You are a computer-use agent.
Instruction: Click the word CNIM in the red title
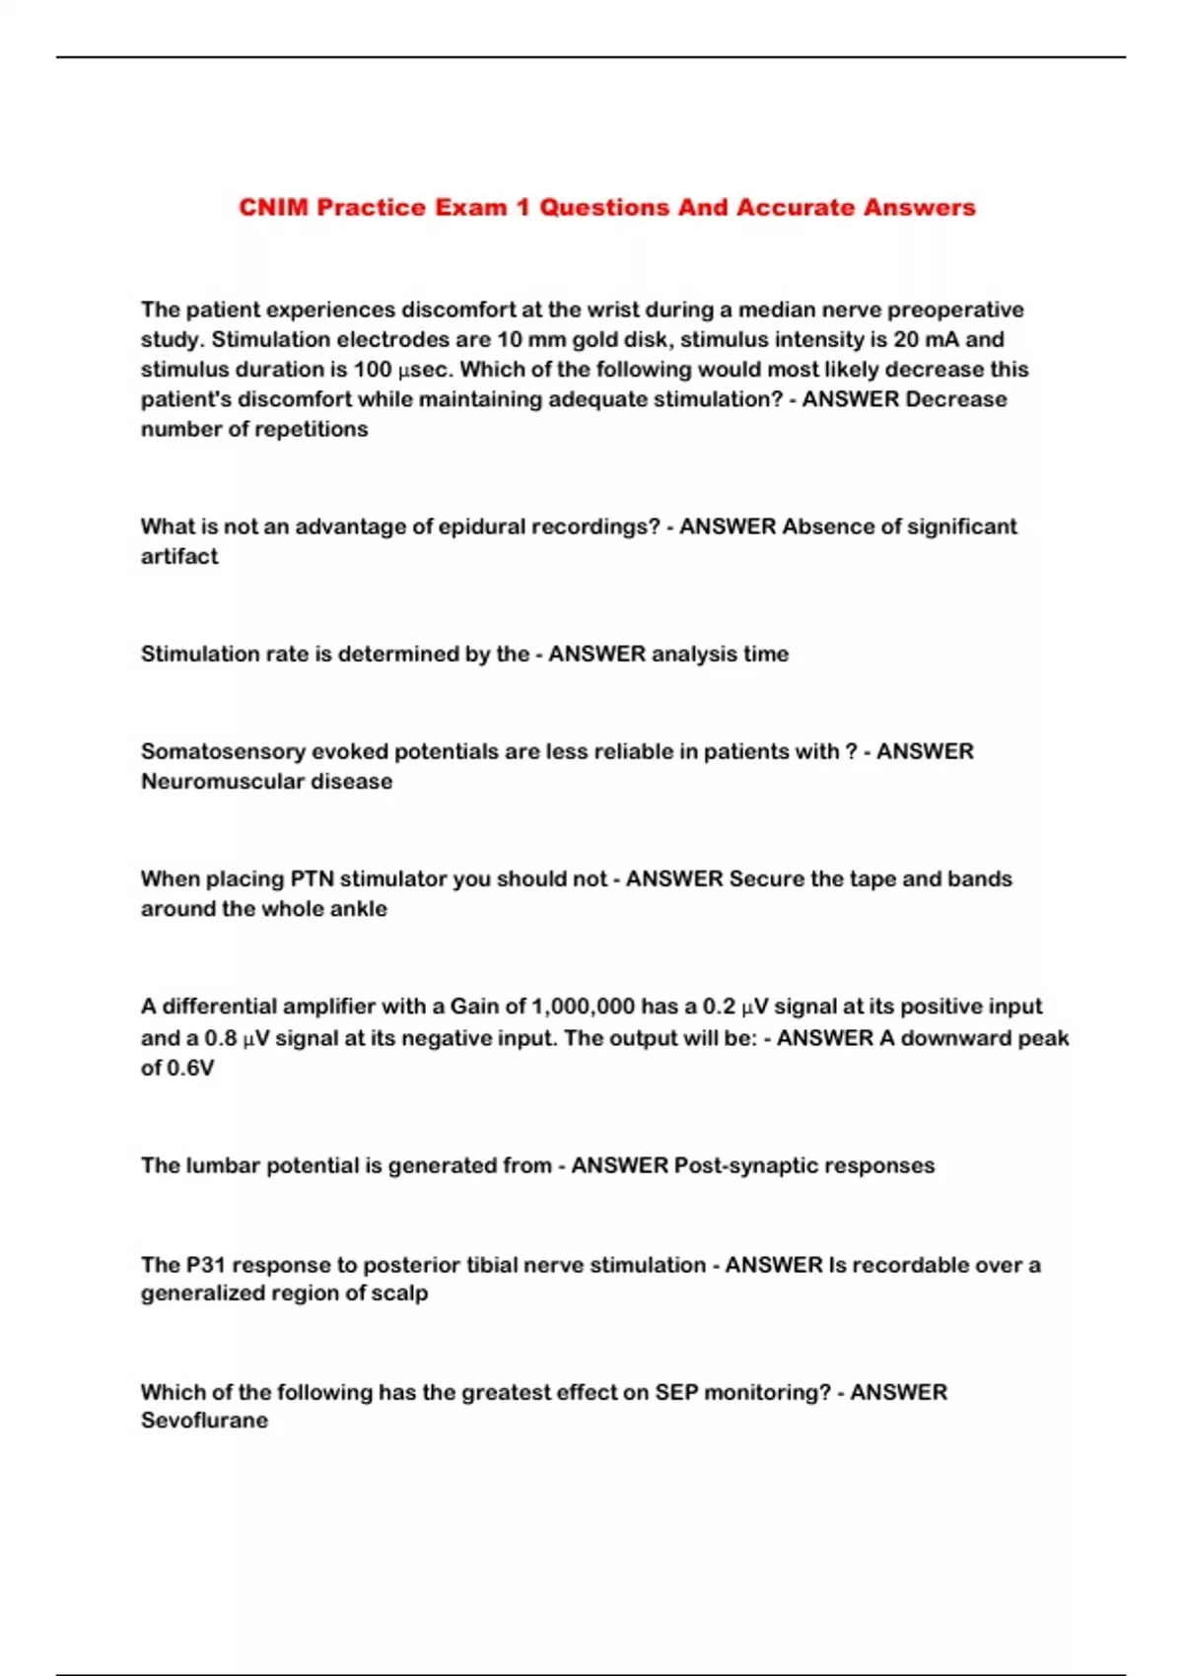(273, 208)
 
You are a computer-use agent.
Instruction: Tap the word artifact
(179, 556)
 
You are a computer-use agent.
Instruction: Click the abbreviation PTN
(313, 878)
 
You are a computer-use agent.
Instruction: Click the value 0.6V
(191, 1068)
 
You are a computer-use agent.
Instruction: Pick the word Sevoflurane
(204, 1421)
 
